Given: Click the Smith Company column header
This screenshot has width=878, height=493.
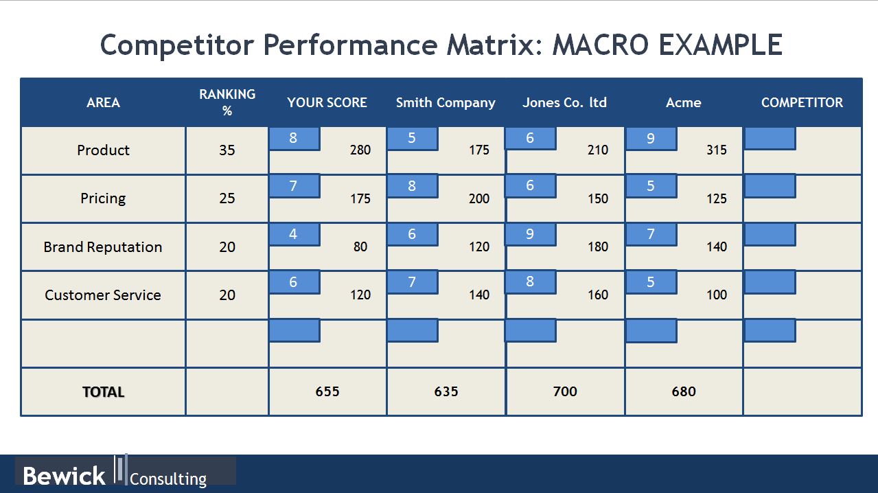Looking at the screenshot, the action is [446, 103].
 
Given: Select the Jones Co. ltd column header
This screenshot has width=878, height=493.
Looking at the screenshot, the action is [564, 102].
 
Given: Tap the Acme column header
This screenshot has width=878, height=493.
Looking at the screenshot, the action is [684, 102].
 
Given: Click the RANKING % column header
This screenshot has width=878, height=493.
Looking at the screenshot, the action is [227, 102].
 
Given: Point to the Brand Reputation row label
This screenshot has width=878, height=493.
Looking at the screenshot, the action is [103, 247].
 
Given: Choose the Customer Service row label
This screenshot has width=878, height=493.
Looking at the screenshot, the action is [103, 295].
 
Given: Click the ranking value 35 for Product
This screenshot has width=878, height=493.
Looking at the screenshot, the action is [227, 150].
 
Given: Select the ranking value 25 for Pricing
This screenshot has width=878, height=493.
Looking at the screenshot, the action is [227, 198].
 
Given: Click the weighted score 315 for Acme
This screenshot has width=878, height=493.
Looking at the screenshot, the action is [717, 150].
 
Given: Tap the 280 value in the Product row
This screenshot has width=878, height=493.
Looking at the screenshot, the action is [360, 150].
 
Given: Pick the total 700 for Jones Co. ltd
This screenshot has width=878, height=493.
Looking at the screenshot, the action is [565, 391].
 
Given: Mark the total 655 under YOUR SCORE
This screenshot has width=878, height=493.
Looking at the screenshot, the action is [327, 391].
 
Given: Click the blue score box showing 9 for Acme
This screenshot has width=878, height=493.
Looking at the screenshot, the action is [651, 139].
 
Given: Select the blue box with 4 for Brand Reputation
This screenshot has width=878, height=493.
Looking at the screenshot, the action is [294, 235].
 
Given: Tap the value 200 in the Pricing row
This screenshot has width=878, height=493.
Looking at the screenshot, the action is [479, 198].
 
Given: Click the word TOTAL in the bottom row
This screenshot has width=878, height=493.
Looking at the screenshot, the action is [103, 392].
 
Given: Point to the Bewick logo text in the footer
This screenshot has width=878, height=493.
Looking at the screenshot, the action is [64, 476].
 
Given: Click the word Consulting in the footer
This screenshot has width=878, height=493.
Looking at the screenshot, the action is [168, 479].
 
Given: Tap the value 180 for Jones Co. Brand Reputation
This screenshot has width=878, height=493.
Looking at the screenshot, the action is [598, 246].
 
